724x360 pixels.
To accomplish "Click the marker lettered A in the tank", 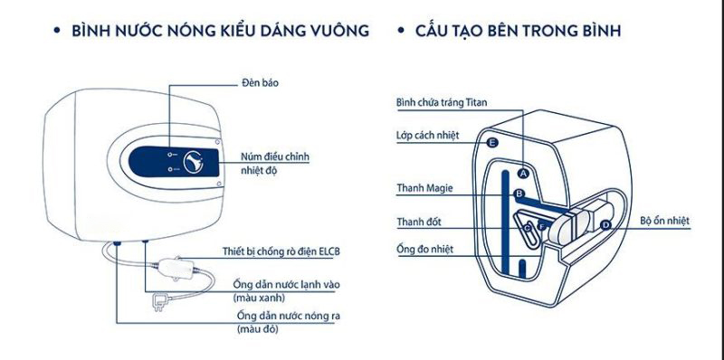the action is pyautogui.click(x=523, y=172).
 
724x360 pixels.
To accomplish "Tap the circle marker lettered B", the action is pyautogui.click(x=519, y=194).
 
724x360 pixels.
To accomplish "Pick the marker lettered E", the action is pyautogui.click(x=491, y=143).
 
